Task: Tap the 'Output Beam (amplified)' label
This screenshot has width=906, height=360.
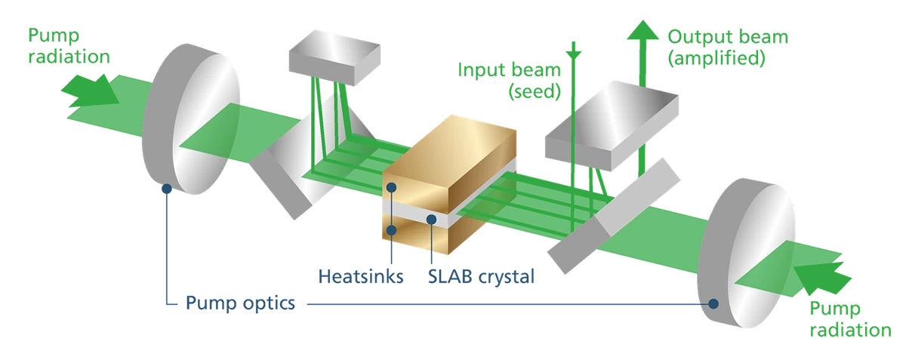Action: (713, 48)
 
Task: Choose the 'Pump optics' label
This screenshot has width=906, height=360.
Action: (239, 303)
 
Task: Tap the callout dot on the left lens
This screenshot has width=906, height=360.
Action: (165, 186)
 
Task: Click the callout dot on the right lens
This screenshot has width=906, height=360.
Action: (711, 305)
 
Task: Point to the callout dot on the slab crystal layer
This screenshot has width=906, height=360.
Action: (431, 220)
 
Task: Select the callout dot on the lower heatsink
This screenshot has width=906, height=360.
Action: (392, 228)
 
